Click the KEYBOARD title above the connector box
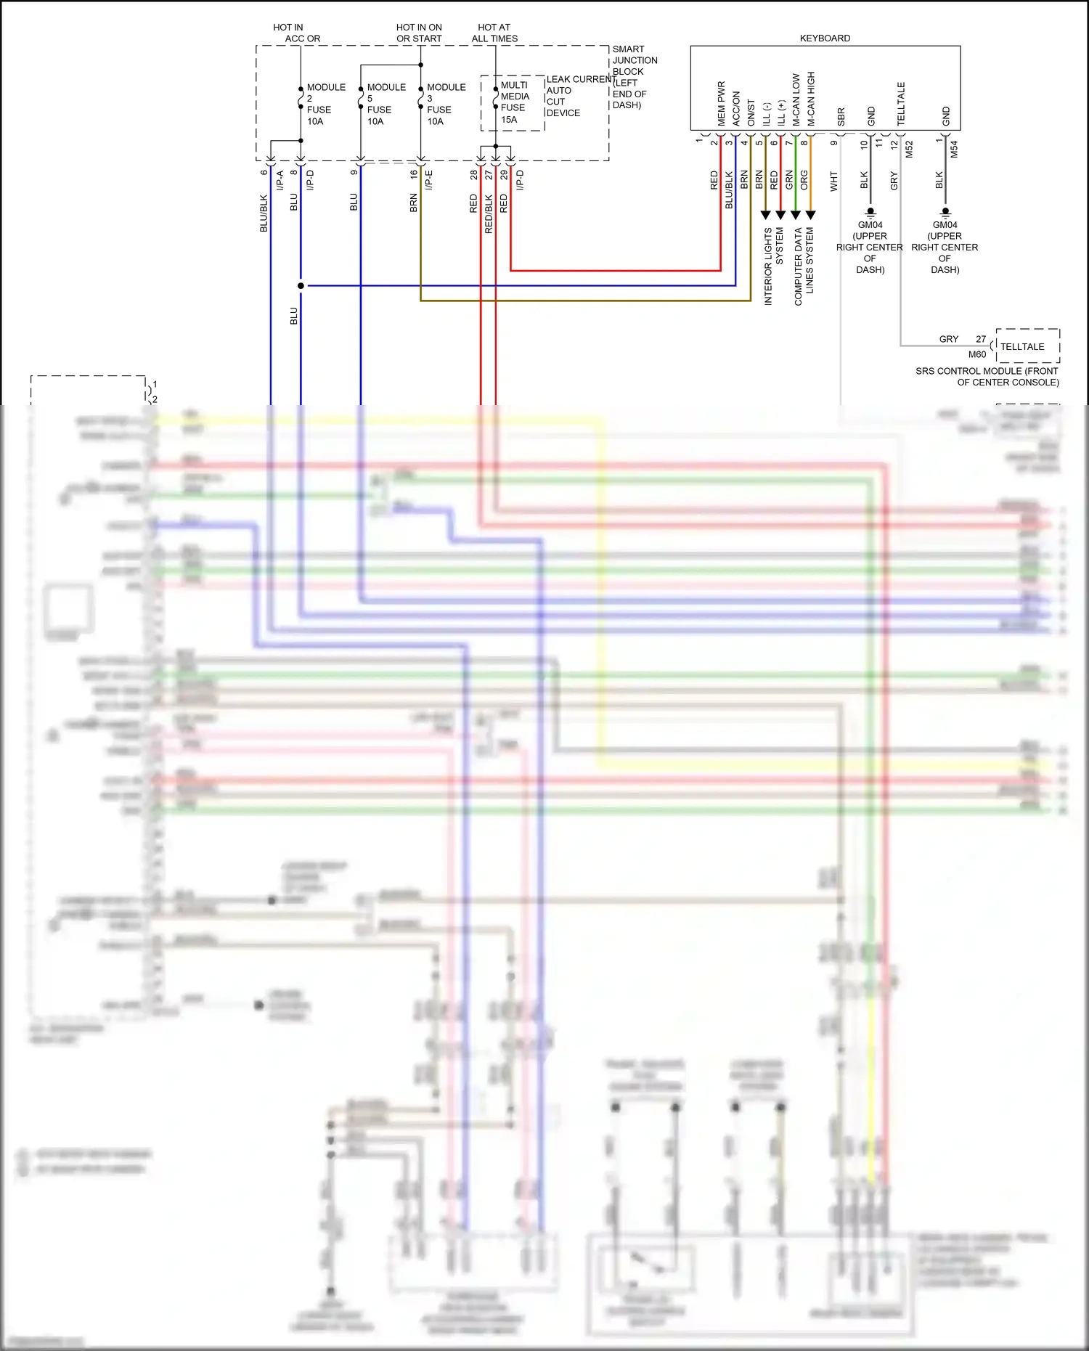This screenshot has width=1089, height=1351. [825, 38]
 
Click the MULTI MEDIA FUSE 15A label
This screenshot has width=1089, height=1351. [514, 102]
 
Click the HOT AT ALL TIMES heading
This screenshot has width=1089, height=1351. [494, 33]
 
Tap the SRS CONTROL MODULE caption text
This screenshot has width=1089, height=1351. [987, 376]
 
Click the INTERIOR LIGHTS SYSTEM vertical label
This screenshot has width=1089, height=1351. [773, 266]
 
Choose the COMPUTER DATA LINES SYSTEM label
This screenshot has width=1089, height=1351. [804, 266]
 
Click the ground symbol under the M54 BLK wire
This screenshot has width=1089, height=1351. [945, 212]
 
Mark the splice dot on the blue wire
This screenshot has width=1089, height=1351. [301, 285]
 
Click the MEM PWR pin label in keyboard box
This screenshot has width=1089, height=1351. [721, 103]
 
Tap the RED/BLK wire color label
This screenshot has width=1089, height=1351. [489, 213]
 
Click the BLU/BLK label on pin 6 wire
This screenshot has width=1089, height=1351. [264, 213]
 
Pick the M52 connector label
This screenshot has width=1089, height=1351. [909, 150]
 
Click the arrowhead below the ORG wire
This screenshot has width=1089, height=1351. [811, 215]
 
